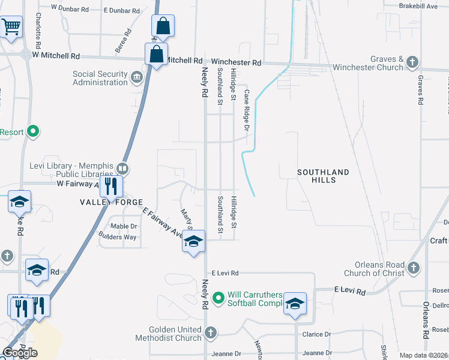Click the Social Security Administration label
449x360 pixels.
tap(100, 78)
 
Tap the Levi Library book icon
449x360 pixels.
tap(123, 168)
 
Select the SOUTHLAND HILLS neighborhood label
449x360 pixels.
tap(323, 176)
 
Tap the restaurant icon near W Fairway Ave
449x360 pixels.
tap(110, 186)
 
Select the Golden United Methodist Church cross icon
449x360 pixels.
tap(210, 332)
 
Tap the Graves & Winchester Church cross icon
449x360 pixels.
tap(412, 62)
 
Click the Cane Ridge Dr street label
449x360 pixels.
tap(246, 110)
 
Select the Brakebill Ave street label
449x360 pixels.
tap(418, 6)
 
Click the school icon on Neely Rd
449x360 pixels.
tap(193, 241)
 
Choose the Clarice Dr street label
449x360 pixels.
tap(318, 334)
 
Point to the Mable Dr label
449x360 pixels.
tap(124, 226)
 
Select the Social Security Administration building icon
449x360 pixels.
tap(137, 76)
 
